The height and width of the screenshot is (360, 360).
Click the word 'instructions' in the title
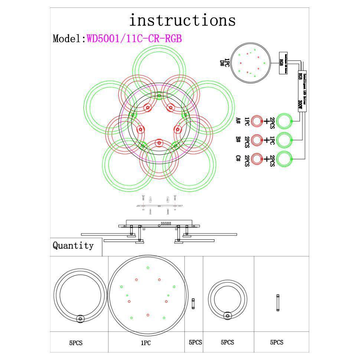click(x=182, y=20)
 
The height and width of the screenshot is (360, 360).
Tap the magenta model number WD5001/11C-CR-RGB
click(x=134, y=39)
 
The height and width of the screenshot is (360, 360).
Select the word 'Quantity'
click(x=73, y=245)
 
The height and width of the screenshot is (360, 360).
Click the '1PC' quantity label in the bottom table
click(x=145, y=343)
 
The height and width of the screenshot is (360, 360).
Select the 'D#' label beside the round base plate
click(x=222, y=63)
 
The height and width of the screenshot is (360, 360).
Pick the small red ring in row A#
click(x=256, y=121)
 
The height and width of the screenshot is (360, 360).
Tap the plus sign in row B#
click(x=266, y=140)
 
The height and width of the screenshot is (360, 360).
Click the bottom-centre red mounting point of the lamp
click(x=159, y=143)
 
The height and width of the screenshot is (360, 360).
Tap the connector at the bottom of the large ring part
click(x=80, y=318)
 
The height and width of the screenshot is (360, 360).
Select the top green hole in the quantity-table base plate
click(x=148, y=268)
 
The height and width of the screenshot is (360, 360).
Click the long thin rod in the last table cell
click(x=278, y=303)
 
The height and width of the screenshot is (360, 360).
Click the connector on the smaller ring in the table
click(x=227, y=316)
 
